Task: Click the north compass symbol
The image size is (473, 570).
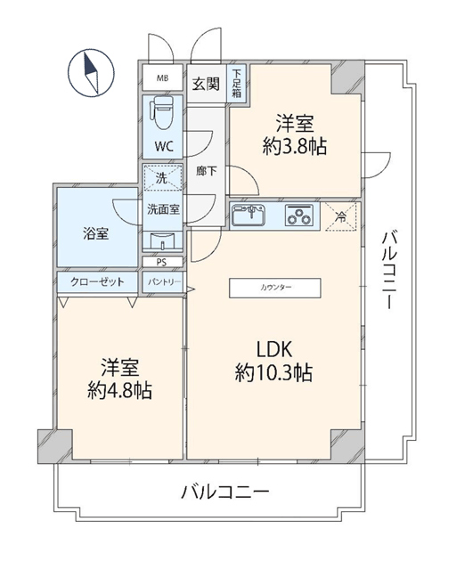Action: [91, 73]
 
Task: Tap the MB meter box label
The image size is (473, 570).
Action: [162, 78]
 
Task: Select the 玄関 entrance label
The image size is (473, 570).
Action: [206, 85]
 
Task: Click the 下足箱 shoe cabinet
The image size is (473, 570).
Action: [236, 83]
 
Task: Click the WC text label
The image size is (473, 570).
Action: [163, 146]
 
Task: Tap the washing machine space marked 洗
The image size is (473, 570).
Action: [162, 178]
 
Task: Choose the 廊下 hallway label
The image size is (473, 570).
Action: [207, 171]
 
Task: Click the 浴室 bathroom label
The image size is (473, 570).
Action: [95, 233]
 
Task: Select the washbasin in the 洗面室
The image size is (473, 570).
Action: [162, 240]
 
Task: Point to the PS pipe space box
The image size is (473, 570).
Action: [162, 262]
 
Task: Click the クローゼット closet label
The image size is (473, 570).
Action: [97, 281]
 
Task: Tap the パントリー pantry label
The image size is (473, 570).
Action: [164, 282]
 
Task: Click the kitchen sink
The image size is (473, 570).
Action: [249, 216]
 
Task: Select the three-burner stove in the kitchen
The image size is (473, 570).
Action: [298, 216]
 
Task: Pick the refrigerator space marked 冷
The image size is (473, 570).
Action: [340, 216]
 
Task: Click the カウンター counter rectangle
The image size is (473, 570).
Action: [275, 289]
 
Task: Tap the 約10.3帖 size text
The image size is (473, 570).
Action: [273, 373]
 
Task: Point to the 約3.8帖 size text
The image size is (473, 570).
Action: [295, 146]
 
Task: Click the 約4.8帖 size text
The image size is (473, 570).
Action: [119, 391]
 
